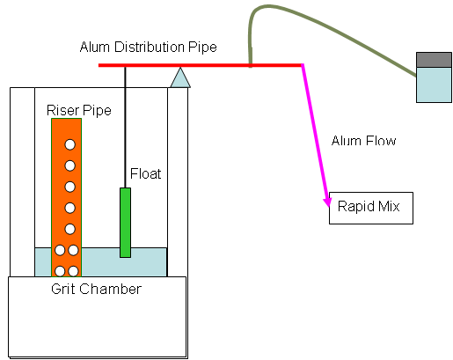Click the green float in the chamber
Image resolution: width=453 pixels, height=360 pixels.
[x=125, y=223]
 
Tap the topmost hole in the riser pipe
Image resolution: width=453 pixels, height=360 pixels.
[x=69, y=144]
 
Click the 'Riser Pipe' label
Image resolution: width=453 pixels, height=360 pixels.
[x=79, y=111]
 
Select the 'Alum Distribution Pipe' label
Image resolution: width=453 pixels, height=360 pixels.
[x=148, y=47]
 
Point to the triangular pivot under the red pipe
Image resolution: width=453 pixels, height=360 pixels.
[x=180, y=77]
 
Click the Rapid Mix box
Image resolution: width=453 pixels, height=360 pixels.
[x=371, y=208]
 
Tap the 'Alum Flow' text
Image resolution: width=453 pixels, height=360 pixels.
[x=363, y=141]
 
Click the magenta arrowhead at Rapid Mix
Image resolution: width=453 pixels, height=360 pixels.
[x=327, y=202]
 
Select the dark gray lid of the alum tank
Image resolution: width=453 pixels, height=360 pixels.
[x=434, y=60]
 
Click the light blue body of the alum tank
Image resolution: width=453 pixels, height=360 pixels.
[x=434, y=84]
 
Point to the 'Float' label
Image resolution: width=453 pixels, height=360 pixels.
[x=145, y=173]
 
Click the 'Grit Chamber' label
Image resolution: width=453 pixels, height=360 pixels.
[x=96, y=289]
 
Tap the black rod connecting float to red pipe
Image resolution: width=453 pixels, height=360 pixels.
[x=125, y=128]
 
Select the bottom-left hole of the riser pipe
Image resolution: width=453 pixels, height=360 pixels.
[x=60, y=271]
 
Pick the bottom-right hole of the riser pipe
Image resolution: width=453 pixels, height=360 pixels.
[x=73, y=271]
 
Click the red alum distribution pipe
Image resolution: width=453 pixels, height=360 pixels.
[x=201, y=65]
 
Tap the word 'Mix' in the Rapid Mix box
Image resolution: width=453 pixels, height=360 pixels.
[x=389, y=206]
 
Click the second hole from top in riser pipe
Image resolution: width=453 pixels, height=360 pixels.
[x=69, y=165]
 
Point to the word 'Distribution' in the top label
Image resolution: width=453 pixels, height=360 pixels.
[x=149, y=47]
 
